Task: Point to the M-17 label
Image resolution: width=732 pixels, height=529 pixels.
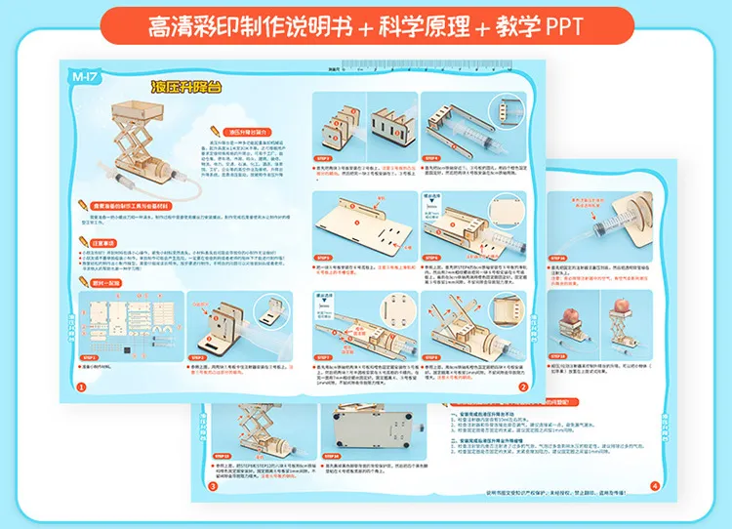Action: [86, 77]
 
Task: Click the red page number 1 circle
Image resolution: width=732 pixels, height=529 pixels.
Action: [81, 387]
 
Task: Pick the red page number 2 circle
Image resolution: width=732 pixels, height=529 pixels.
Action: [523, 387]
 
